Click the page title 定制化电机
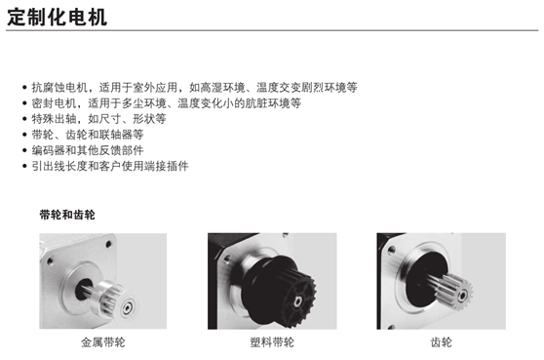pos(57,17)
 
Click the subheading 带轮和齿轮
pos(67,215)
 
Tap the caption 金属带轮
pos(103,342)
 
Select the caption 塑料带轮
pos(272,342)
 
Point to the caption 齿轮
pos(441,342)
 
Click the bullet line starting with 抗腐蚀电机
pos(195,87)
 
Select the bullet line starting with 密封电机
pos(167,103)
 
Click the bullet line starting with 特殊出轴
pos(98,119)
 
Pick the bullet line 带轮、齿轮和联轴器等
pos(88,135)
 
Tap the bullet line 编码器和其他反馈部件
pos(88,150)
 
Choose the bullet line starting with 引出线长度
pos(110,166)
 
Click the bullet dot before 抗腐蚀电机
pos(24,88)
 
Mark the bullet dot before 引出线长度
pos(24,166)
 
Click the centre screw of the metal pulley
pos(127,308)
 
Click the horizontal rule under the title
pos(272,30)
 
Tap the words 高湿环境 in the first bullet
pos(222,87)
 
